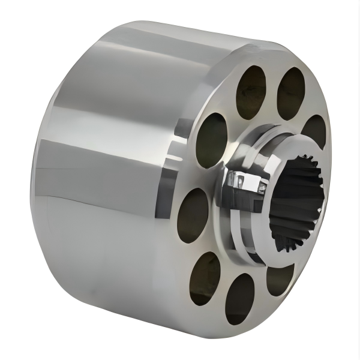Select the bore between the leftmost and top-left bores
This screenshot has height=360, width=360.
(211, 140)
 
